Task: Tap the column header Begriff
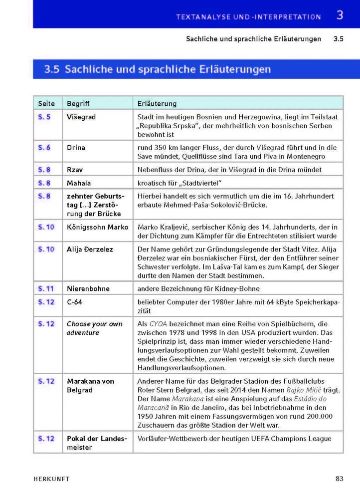pyautogui.click(x=78, y=104)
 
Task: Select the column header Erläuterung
pyautogui.click(x=157, y=104)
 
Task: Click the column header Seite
pyautogui.click(x=46, y=104)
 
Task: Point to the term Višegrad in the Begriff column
pyautogui.click(x=81, y=117)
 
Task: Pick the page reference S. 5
pyautogui.click(x=44, y=117)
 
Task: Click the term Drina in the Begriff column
pyautogui.click(x=76, y=147)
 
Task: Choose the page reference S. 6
pyautogui.click(x=44, y=147)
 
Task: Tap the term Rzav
pyautogui.click(x=74, y=170)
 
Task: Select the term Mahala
pyautogui.click(x=78, y=183)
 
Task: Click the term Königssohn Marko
pyautogui.click(x=97, y=227)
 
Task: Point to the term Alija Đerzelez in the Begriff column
pyautogui.click(x=90, y=249)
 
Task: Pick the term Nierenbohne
pyautogui.click(x=88, y=288)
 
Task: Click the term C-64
pyautogui.click(x=75, y=302)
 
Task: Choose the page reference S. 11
pyautogui.click(x=46, y=288)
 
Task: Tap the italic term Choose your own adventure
pyautogui.click(x=94, y=328)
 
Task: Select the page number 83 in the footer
pyautogui.click(x=340, y=479)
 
